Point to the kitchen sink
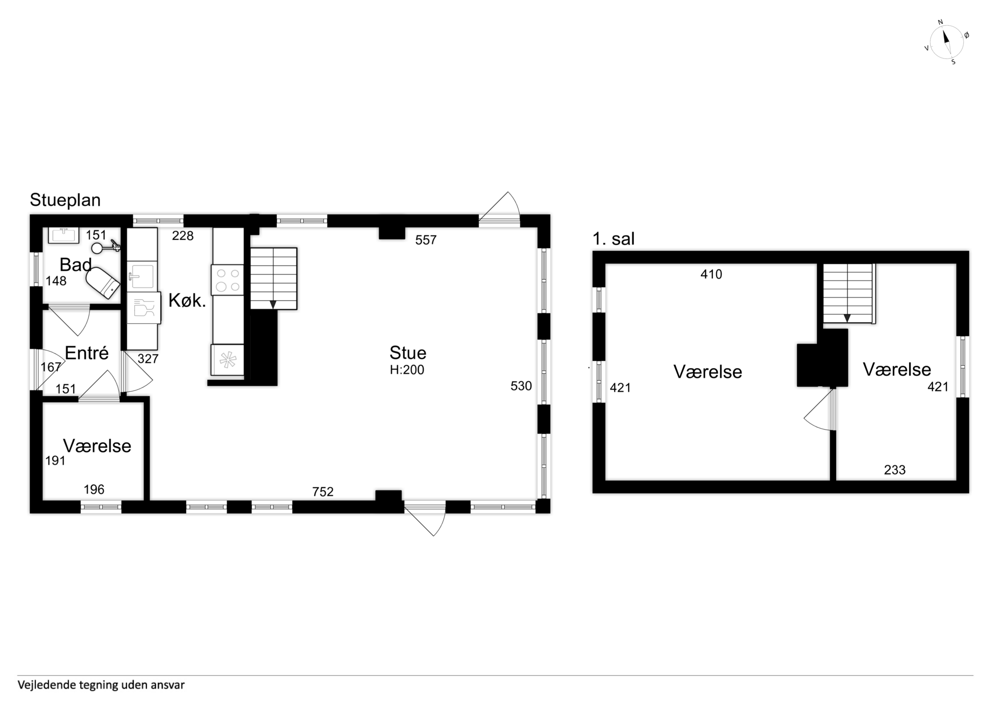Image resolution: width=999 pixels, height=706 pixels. [142, 276]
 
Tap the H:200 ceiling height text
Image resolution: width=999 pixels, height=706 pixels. [407, 370]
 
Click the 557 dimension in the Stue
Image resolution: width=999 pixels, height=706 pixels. [426, 240]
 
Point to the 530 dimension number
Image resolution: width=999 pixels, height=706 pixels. [521, 386]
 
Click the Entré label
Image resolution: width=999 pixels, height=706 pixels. [87, 353]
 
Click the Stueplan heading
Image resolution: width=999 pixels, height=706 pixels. [65, 200]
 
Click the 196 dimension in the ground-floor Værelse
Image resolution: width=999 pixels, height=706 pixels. [94, 490]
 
